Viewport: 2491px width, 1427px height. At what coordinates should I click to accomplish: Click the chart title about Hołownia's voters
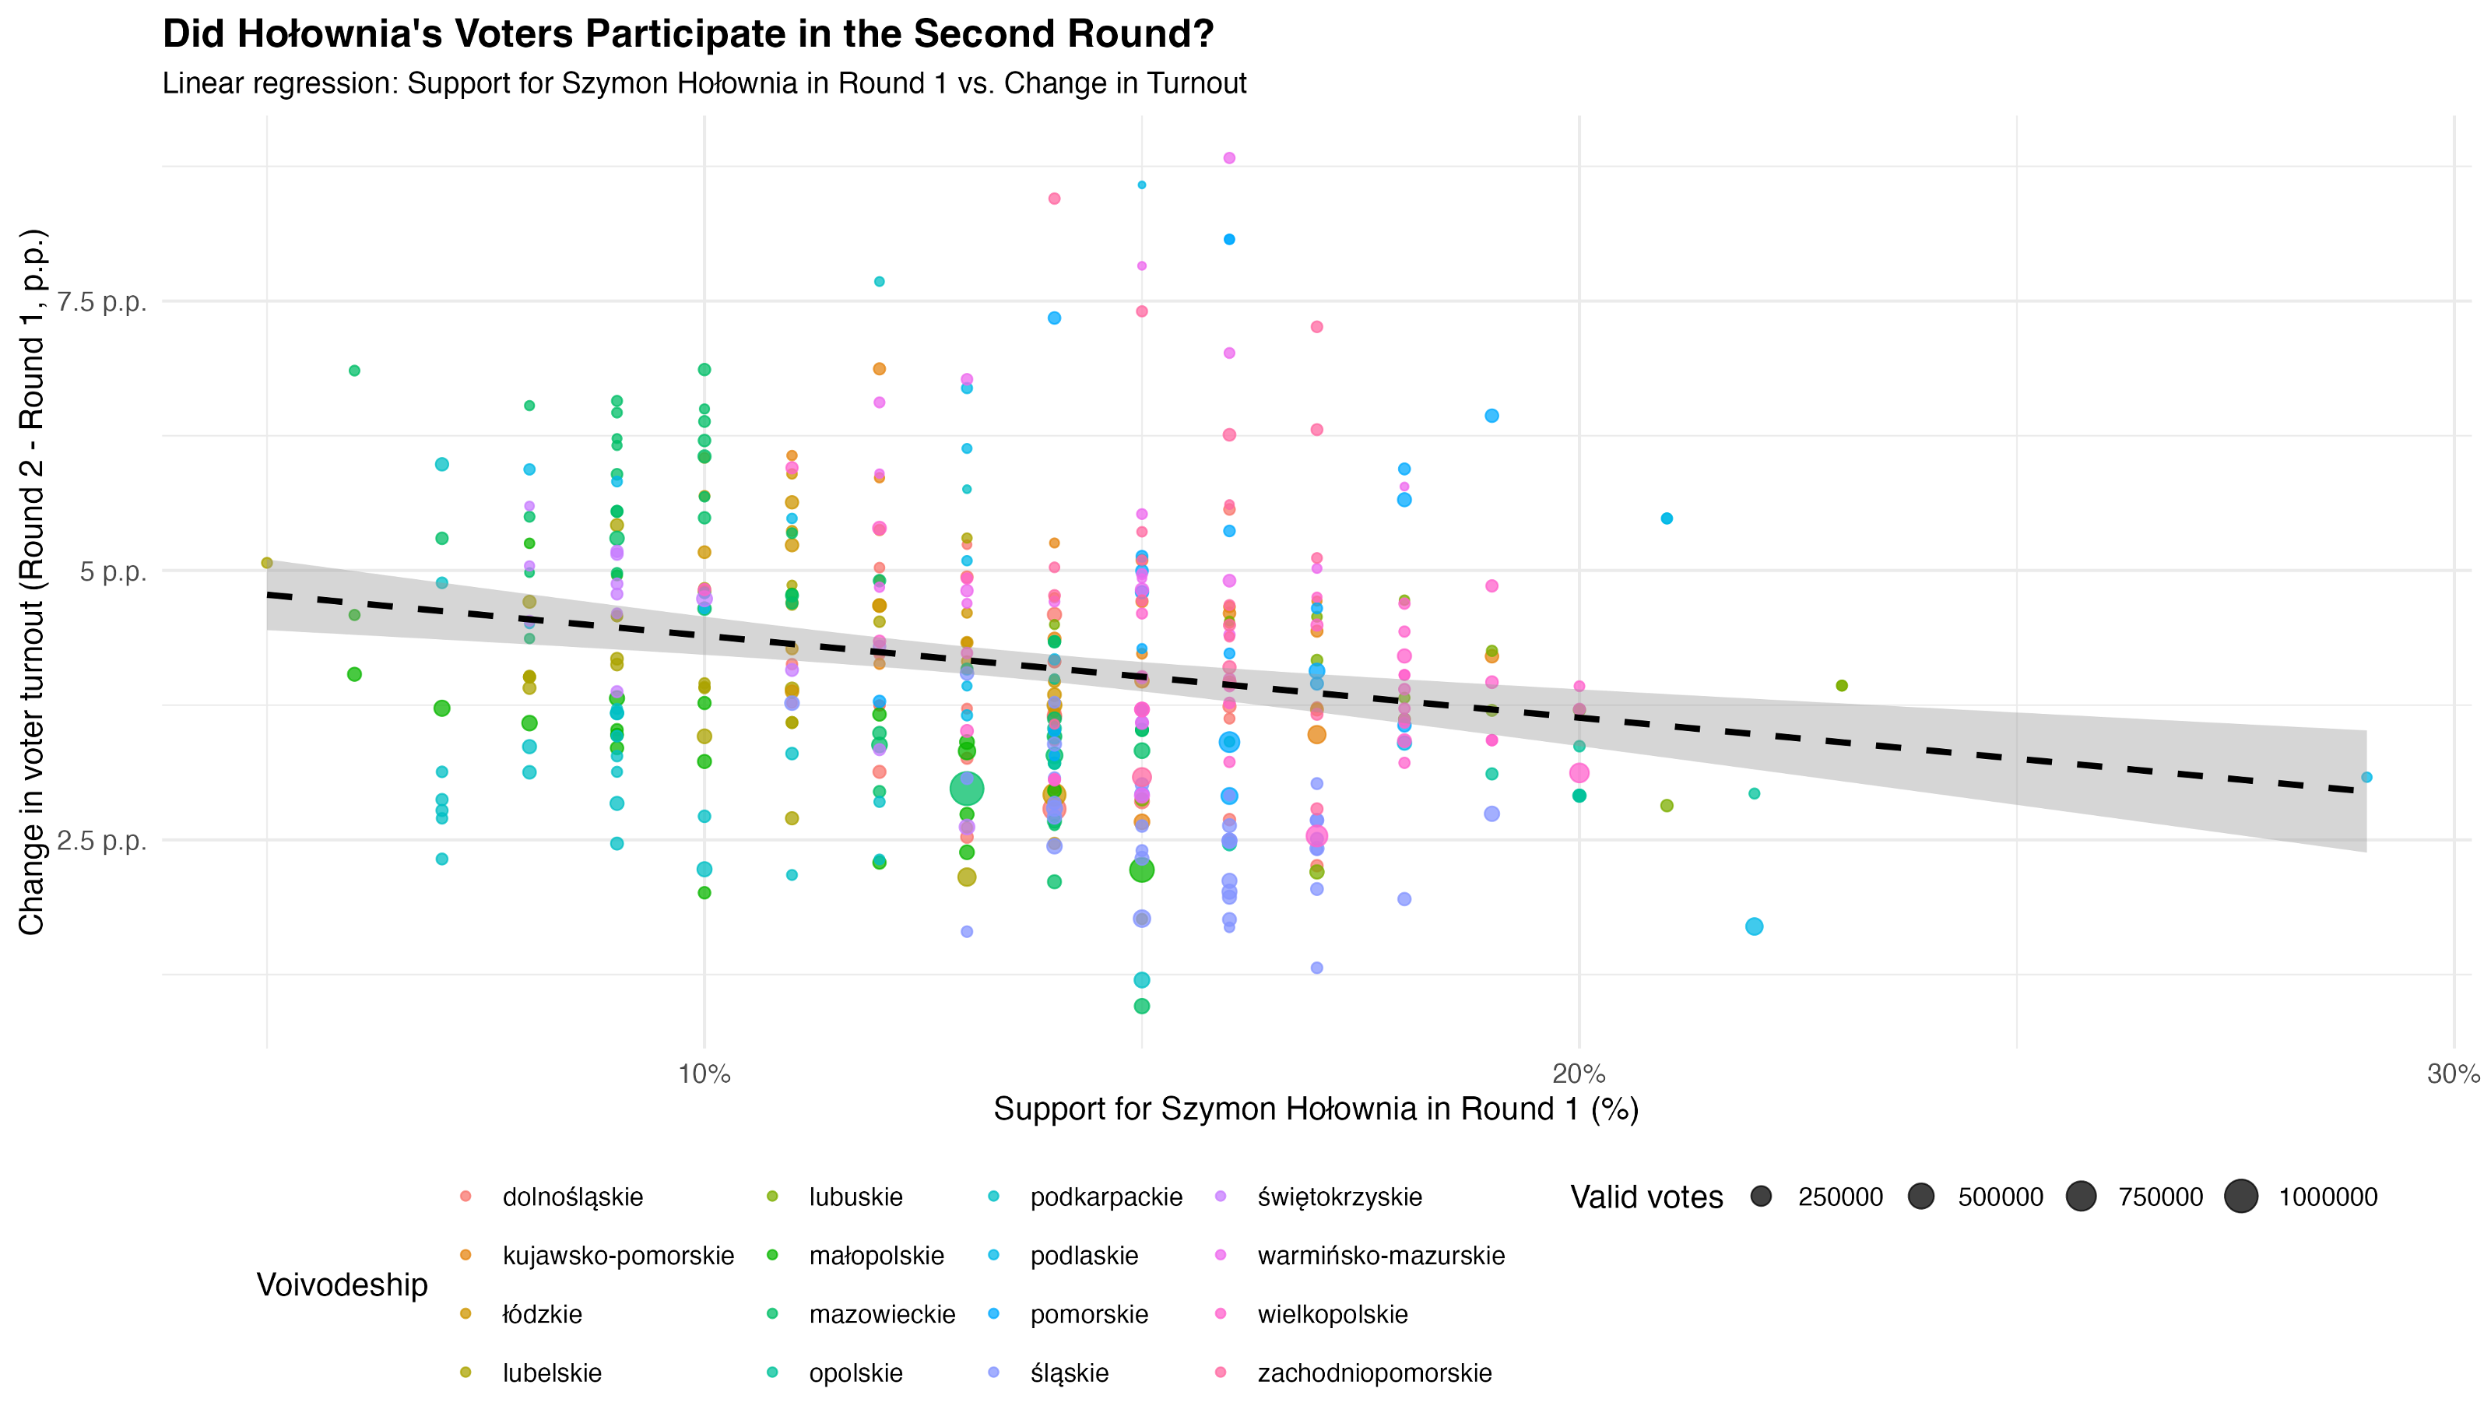click(x=688, y=34)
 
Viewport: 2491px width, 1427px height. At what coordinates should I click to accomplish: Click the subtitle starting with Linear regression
click(x=704, y=83)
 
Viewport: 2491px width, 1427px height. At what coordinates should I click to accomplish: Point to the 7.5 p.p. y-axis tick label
click(x=102, y=302)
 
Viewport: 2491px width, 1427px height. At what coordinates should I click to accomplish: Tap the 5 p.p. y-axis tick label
click(x=113, y=571)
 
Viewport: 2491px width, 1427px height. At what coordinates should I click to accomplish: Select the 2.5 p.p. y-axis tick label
click(x=102, y=841)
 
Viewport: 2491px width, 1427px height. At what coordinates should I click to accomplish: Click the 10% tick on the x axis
click(x=704, y=1074)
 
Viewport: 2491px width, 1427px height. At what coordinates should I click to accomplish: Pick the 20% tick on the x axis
click(x=1579, y=1074)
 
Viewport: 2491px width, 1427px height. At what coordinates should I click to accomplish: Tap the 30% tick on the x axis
click(x=2453, y=1074)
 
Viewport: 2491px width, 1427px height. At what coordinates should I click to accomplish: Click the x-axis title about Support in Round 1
click(x=1315, y=1109)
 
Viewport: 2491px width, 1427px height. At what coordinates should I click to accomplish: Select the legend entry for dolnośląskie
click(x=572, y=1197)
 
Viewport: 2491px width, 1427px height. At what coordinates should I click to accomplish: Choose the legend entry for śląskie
click(x=1068, y=1373)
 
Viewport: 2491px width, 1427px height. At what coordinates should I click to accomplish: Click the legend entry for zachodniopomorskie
click(x=1374, y=1373)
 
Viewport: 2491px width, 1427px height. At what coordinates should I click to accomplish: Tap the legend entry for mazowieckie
click(x=881, y=1314)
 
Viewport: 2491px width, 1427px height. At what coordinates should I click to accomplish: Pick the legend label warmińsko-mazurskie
click(x=1381, y=1256)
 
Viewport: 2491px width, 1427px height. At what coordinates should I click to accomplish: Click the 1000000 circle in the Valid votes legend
click(x=2241, y=1197)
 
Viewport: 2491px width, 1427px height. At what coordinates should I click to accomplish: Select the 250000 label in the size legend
click(x=1839, y=1197)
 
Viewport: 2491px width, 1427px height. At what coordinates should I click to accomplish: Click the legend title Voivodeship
click(x=342, y=1285)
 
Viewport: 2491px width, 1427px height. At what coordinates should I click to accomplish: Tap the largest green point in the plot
click(x=967, y=789)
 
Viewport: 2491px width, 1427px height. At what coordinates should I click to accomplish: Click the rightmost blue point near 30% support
click(x=2366, y=777)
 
